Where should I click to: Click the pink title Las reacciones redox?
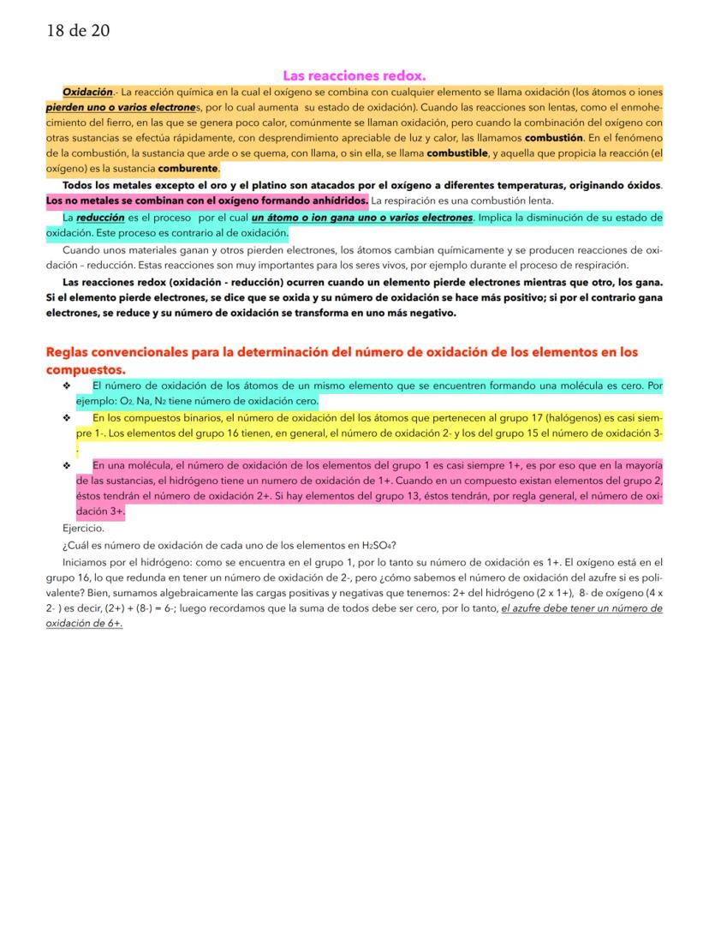(x=354, y=75)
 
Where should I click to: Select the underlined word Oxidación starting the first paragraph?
(x=87, y=92)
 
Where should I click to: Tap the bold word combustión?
(x=553, y=138)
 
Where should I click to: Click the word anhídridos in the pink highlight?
(x=337, y=200)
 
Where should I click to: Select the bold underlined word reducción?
(x=100, y=218)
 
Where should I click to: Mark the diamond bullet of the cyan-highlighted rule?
(x=66, y=386)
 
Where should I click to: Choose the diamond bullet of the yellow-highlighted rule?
(x=66, y=418)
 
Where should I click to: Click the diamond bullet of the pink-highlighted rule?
(x=66, y=465)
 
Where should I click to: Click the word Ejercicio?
(x=83, y=529)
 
